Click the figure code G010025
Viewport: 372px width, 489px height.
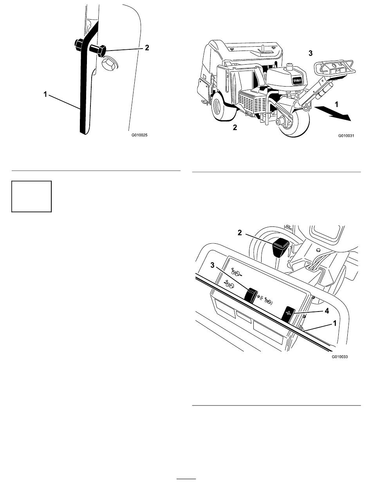click(x=139, y=135)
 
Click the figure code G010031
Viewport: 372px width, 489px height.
click(x=346, y=136)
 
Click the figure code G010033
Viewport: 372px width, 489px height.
click(x=340, y=357)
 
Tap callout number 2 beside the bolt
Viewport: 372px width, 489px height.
click(x=147, y=47)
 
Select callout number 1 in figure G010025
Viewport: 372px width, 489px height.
click(x=45, y=94)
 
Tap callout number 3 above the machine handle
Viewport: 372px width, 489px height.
click(x=311, y=53)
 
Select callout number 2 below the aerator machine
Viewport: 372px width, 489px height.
click(x=235, y=128)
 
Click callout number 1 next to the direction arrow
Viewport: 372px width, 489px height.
click(x=337, y=104)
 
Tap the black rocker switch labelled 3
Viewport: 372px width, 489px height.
click(x=251, y=295)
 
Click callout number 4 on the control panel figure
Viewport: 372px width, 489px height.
click(x=327, y=311)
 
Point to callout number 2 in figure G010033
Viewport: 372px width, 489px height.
click(x=240, y=233)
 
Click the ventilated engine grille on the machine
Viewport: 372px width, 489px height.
click(x=253, y=102)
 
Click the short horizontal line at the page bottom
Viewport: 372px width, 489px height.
click(x=186, y=478)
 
